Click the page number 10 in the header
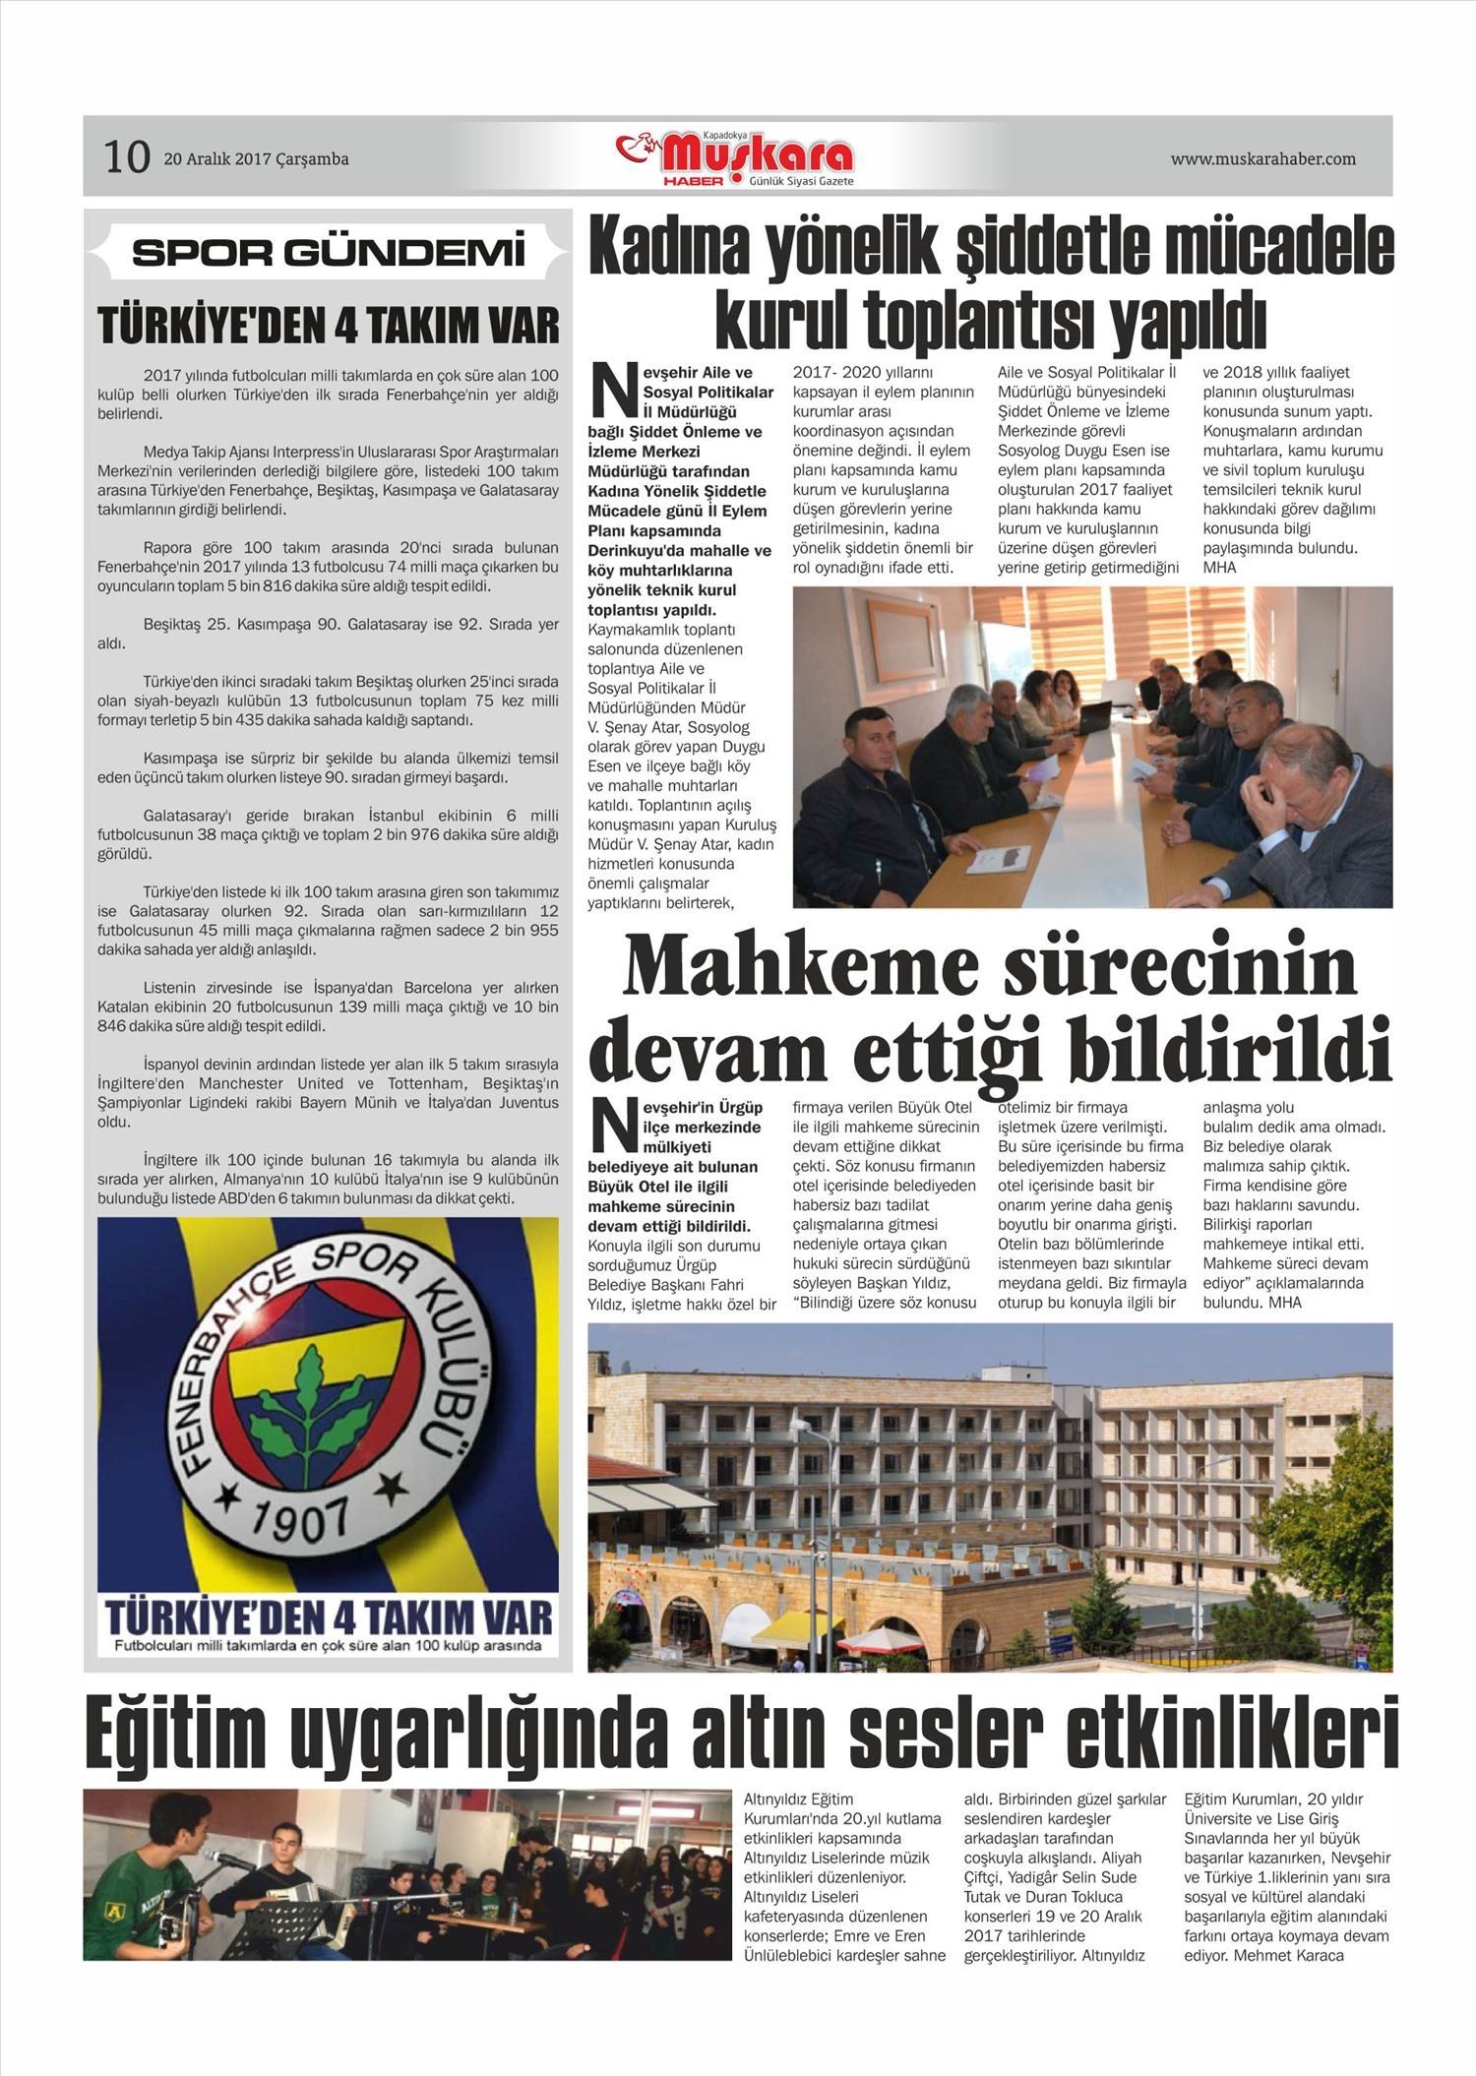pyautogui.click(x=127, y=157)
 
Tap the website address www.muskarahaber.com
pyautogui.click(x=1262, y=158)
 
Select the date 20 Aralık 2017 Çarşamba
pyautogui.click(x=256, y=158)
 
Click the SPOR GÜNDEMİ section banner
pyautogui.click(x=328, y=253)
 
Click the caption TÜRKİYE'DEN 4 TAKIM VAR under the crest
pyautogui.click(x=328, y=1618)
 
